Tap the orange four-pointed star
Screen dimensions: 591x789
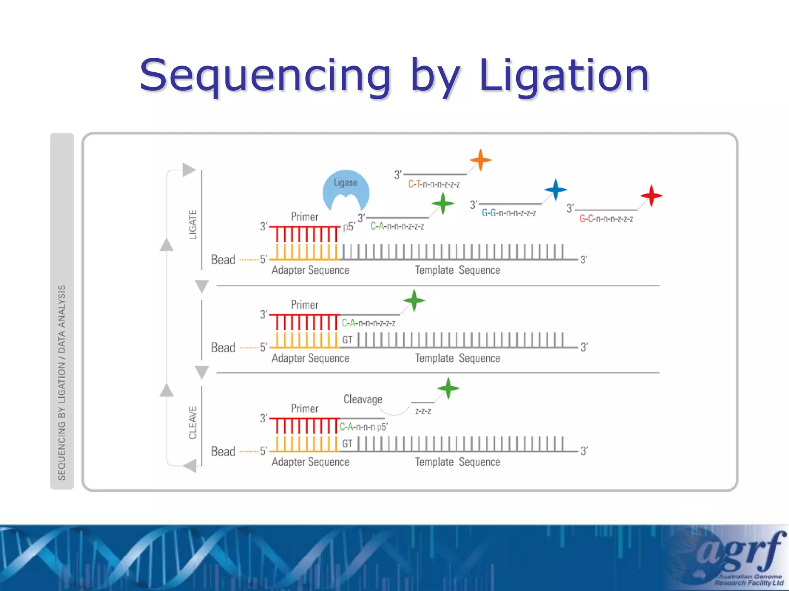[x=480, y=160]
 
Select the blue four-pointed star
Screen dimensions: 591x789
[x=556, y=190]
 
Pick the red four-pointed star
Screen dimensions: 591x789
[x=651, y=196]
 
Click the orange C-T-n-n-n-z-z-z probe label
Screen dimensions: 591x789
[x=434, y=185]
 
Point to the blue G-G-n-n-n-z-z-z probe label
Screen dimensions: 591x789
[x=509, y=213]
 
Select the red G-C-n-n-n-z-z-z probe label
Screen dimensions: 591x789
[x=606, y=219]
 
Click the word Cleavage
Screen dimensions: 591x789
[x=363, y=399]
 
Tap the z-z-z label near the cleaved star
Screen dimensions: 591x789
[x=423, y=411]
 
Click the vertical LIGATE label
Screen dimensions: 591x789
[x=193, y=225]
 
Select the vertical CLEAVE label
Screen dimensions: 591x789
[x=193, y=422]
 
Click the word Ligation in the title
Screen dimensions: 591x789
[x=564, y=75]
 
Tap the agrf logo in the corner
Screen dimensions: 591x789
[x=740, y=554]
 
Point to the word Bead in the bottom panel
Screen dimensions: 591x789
[x=223, y=451]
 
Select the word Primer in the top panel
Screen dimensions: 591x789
[x=304, y=217]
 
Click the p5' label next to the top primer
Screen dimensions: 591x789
[x=349, y=227]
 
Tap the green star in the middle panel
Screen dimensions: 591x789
[x=414, y=301]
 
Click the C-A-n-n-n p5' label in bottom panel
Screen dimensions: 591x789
[x=363, y=427]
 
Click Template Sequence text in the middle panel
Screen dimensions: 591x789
[x=457, y=358]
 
